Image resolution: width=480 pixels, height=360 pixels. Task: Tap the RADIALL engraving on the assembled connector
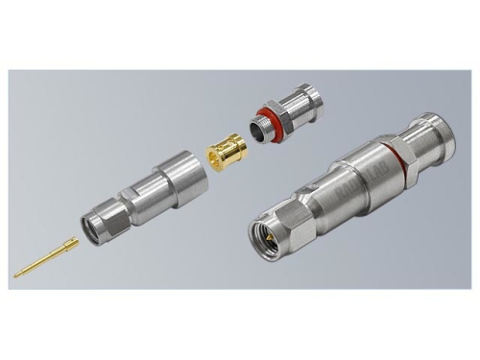point(360,196)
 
